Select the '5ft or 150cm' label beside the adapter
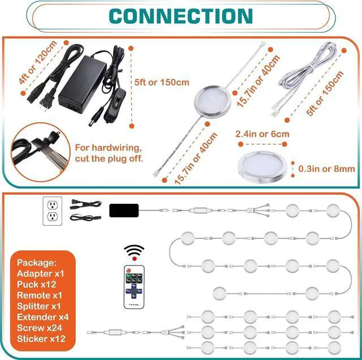pos(162,83)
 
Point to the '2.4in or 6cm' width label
pos(262,134)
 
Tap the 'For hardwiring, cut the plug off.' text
pos(109,153)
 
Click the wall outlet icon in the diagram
pos(51,211)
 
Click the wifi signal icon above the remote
pos(133,251)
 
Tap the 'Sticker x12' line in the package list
pos(41,338)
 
